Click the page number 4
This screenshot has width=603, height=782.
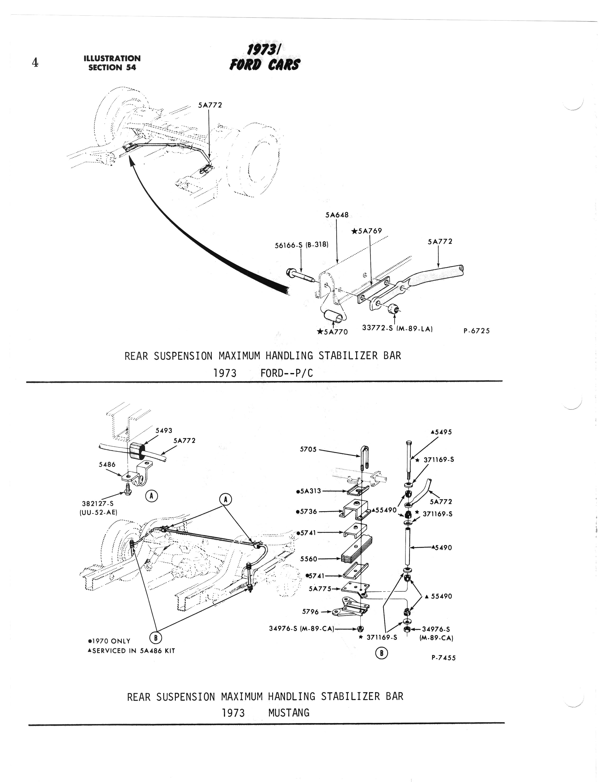[35, 63]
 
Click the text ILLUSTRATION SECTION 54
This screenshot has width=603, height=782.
[112, 63]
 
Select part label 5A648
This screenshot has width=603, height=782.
[337, 215]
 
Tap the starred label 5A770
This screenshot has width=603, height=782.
[333, 332]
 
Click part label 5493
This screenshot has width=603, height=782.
[164, 431]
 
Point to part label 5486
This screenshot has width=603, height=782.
[107, 464]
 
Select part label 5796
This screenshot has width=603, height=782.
[310, 611]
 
